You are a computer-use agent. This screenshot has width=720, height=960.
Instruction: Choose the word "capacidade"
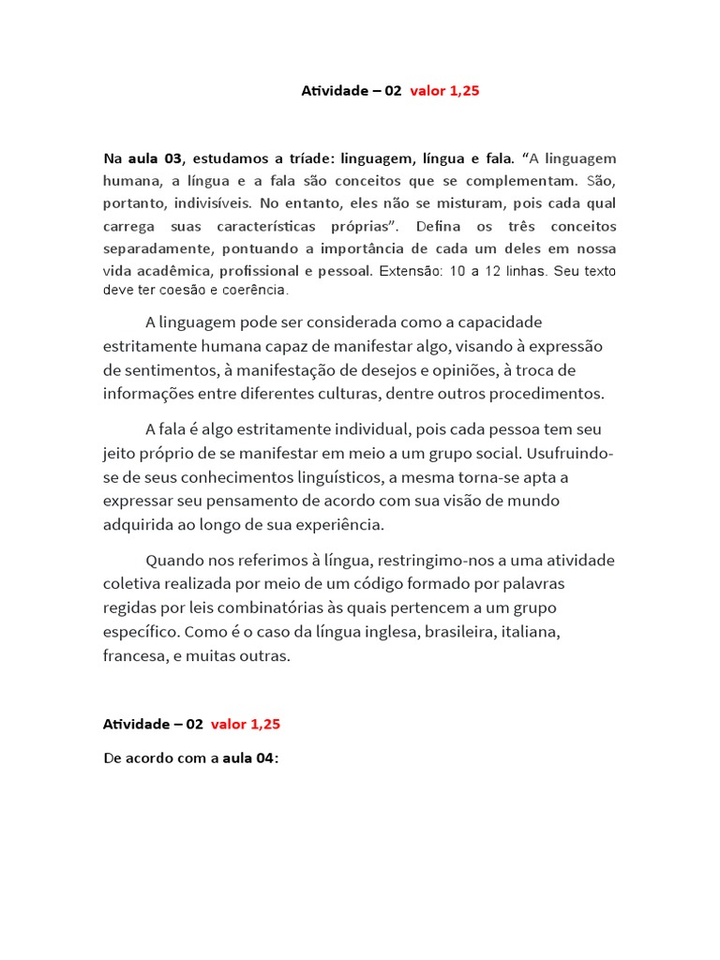(496, 322)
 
